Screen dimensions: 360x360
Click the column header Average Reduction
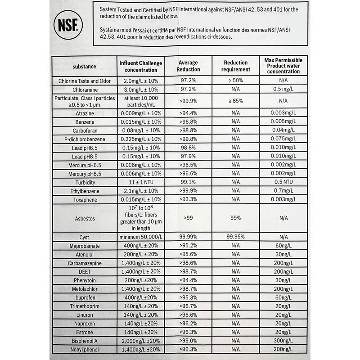coord(188,66)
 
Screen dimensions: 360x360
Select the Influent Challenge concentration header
coord(140,66)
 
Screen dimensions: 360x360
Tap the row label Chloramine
coord(85,89)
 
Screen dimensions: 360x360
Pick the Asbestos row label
coord(85,218)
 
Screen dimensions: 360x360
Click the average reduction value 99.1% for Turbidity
coord(188,183)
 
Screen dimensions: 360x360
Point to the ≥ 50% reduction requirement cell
coord(235,81)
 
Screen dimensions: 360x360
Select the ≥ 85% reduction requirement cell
coord(235,101)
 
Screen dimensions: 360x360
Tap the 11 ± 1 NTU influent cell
coord(140,183)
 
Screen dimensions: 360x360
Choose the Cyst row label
coord(85,237)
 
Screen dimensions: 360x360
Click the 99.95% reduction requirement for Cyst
coord(235,237)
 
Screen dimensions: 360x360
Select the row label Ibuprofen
coord(85,297)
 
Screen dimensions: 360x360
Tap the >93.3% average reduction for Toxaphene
coord(188,199)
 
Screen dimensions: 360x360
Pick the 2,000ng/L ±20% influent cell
coord(140,341)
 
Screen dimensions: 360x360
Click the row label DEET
coord(85,271)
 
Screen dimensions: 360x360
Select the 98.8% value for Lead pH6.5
coord(188,148)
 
